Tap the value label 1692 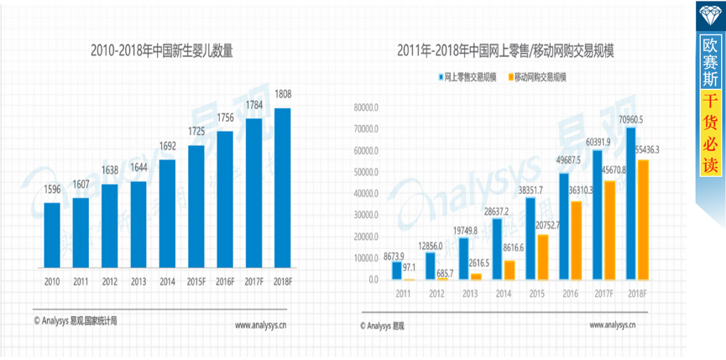coord(167,146)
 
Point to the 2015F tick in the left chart coord(196,282)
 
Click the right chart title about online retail coord(506,52)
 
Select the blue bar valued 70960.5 coord(630,202)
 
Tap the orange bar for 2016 coord(576,239)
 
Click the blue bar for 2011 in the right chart coord(397,269)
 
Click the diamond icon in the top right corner coord(710,14)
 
